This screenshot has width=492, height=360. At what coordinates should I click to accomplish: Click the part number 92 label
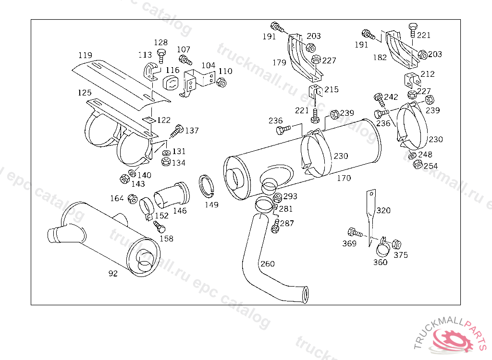tap(113, 274)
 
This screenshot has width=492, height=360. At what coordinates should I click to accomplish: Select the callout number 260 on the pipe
tap(267, 264)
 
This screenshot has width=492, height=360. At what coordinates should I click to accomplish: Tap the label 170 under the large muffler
tap(344, 178)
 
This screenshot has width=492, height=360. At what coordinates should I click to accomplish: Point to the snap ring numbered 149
tap(207, 186)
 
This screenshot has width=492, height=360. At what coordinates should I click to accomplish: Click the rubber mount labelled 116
tap(171, 83)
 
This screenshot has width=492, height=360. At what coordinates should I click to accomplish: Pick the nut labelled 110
tap(221, 83)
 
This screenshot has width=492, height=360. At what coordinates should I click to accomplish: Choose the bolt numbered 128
tap(161, 56)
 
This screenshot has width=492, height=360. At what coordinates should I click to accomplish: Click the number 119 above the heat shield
tap(85, 55)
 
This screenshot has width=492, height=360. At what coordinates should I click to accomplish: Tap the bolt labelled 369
tap(355, 233)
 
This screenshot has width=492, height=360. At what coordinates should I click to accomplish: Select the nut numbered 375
tap(396, 244)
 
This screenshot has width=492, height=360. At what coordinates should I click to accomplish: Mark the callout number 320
tap(383, 210)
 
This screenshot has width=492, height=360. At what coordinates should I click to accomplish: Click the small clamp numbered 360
tap(383, 247)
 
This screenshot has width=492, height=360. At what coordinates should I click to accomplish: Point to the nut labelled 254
tap(418, 164)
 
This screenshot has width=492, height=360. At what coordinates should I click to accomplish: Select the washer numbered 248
tap(413, 155)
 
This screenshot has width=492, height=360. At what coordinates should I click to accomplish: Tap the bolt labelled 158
tap(159, 227)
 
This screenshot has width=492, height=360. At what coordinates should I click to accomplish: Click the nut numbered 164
tap(133, 199)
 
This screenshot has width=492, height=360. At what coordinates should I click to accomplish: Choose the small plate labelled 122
tap(149, 120)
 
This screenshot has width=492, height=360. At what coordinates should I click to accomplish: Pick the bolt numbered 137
tap(176, 131)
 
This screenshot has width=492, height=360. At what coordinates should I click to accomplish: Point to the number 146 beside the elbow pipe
tap(180, 211)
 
